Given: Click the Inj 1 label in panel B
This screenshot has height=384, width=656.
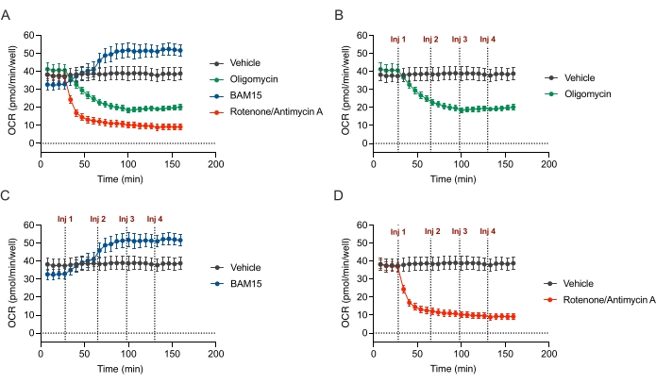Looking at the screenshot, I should tap(398, 40).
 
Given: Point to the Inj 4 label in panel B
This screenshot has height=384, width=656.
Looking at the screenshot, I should tap(487, 40).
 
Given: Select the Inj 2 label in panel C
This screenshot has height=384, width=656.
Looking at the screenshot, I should tap(97, 219).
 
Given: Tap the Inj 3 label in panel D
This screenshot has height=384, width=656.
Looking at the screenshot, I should tap(460, 230).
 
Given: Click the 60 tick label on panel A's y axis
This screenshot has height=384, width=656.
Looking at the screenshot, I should tap(29, 35).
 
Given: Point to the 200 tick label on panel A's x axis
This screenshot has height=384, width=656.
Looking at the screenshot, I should tap(215, 164).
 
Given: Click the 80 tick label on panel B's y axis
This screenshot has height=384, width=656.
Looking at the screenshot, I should tap(363, 35).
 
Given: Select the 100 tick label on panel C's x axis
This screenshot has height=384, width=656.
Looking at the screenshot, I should tap(127, 354).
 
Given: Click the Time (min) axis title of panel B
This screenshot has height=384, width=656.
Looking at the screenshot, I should tap(461, 177).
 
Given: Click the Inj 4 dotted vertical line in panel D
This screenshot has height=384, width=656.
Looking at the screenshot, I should tap(488, 283).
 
